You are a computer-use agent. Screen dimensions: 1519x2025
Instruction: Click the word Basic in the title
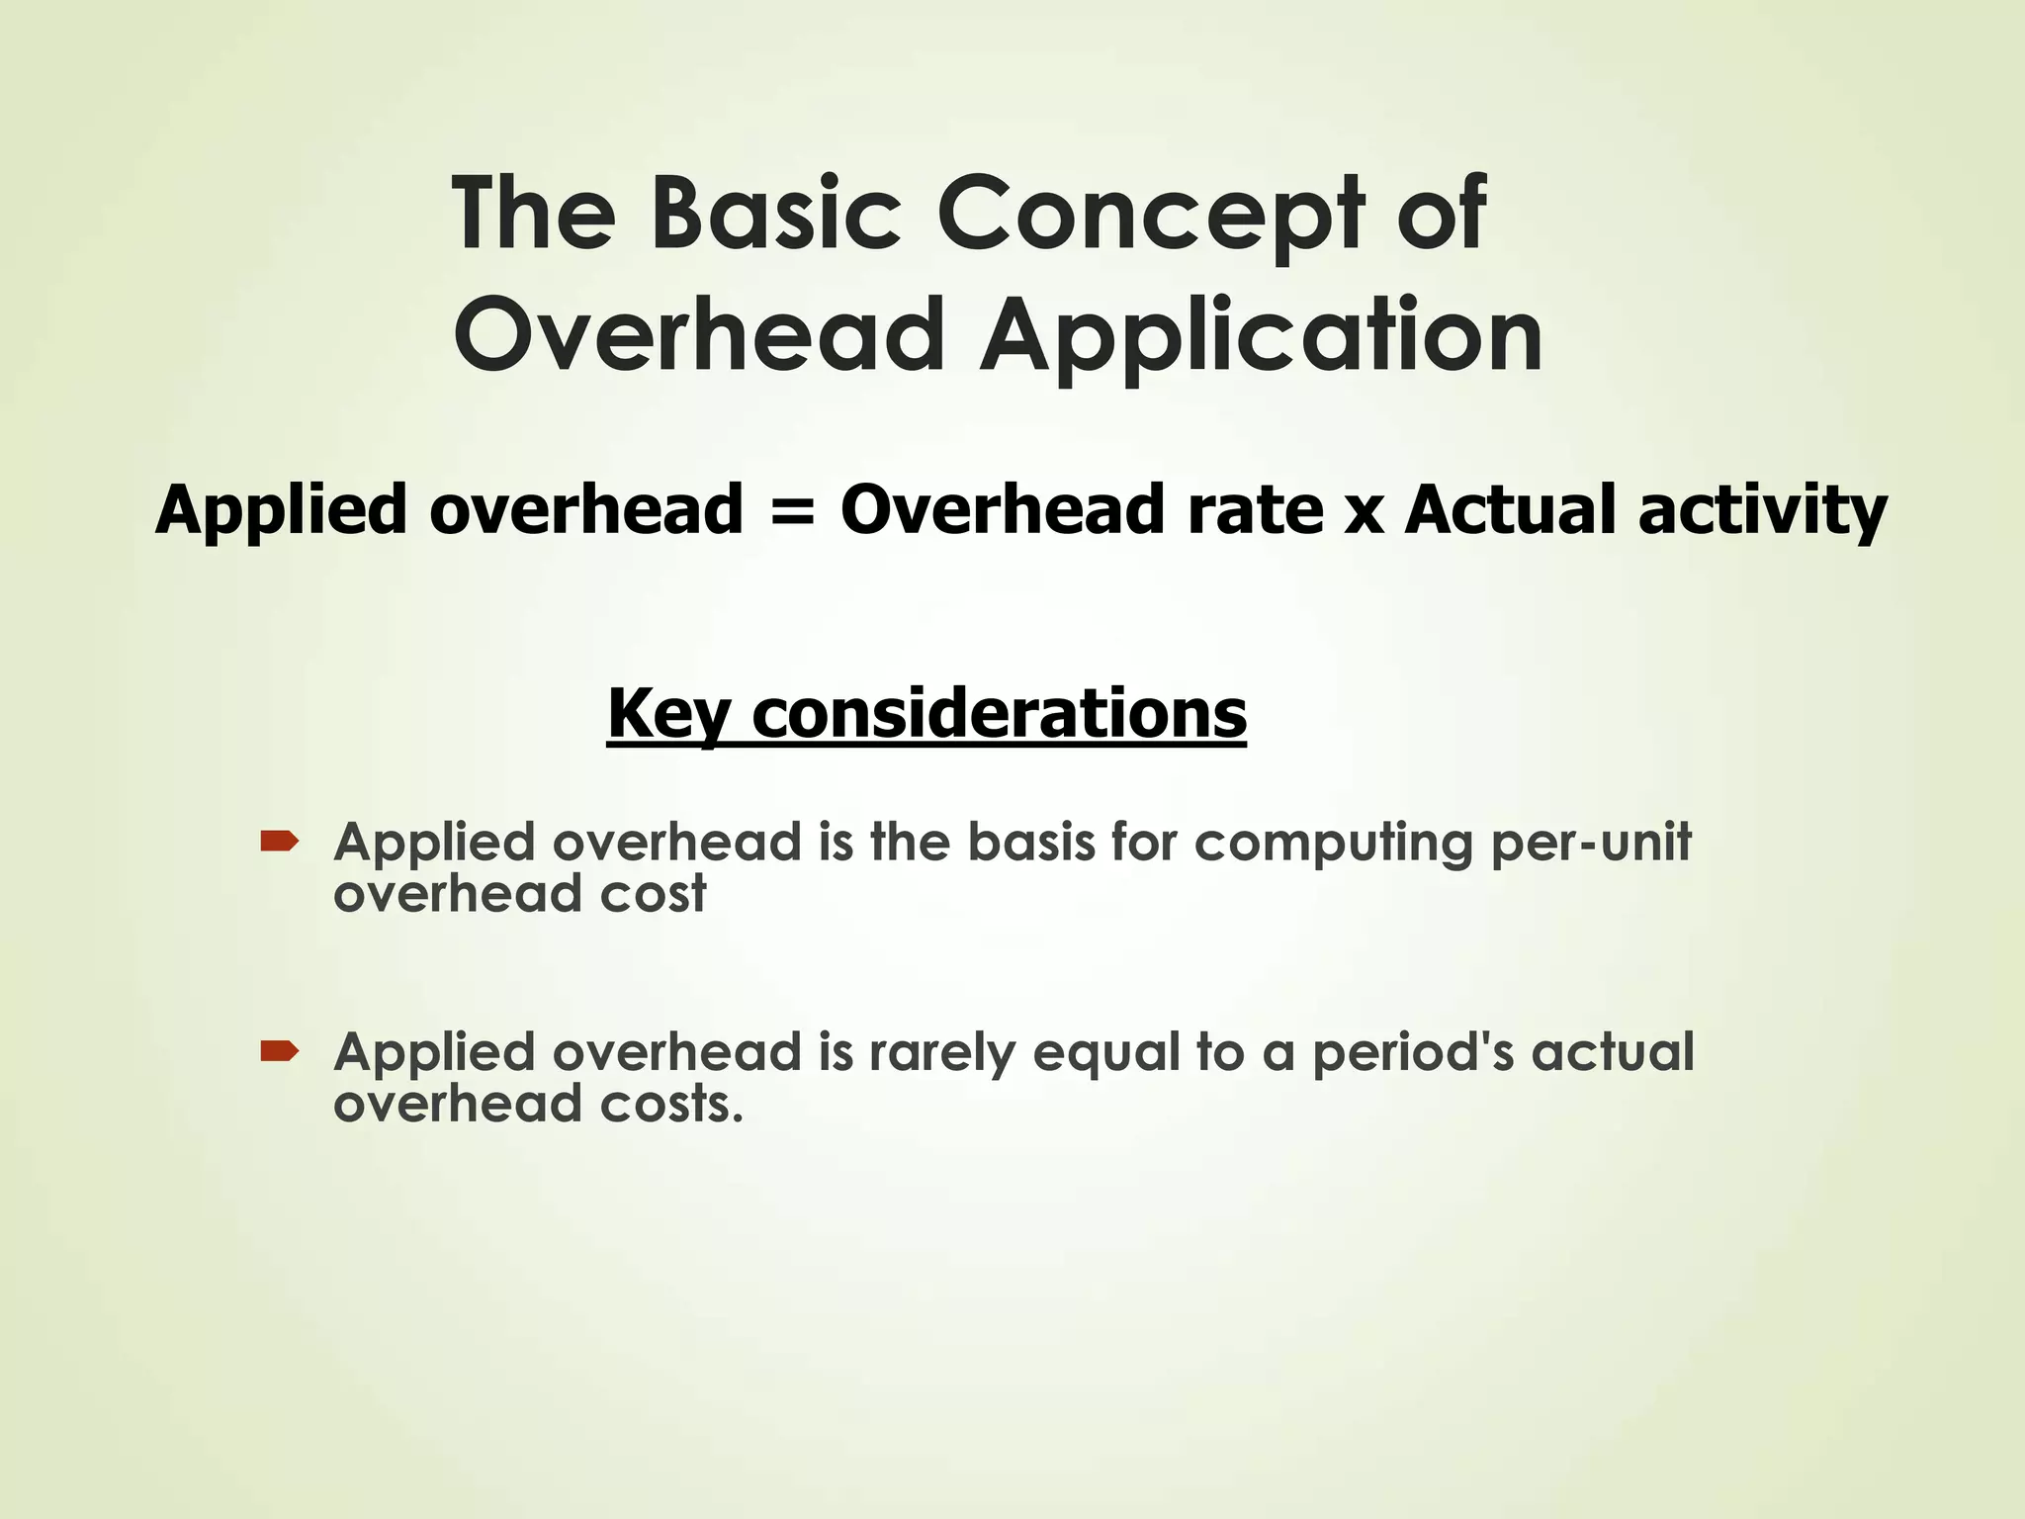pyautogui.click(x=776, y=214)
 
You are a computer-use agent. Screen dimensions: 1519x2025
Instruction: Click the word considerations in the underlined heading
pyautogui.click(x=999, y=713)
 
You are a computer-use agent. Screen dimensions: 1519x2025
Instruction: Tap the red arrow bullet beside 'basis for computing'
pyautogui.click(x=279, y=842)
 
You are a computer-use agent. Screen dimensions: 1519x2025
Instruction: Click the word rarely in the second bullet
pyautogui.click(x=941, y=1054)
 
